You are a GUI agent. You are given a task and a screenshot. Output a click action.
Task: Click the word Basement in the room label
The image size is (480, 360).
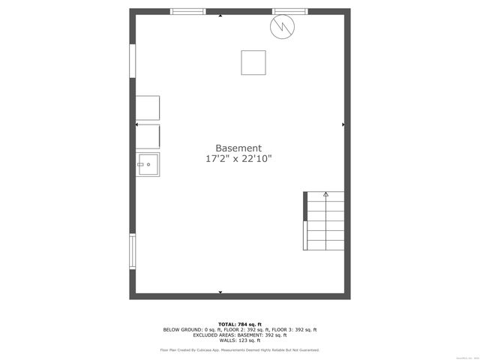[x=238, y=148]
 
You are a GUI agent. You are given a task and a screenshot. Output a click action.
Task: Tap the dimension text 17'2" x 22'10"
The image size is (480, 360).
[x=238, y=159]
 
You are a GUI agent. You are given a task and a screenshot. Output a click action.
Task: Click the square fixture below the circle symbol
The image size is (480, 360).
[x=253, y=62]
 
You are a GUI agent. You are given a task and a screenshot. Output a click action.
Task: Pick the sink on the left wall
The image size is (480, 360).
[x=148, y=163]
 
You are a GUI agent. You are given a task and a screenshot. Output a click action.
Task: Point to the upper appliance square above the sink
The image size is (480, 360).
[x=148, y=107]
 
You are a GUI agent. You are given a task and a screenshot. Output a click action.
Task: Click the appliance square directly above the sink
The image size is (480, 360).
[x=148, y=136]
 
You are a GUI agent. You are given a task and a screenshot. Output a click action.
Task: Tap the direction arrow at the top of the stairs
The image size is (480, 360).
[x=325, y=194]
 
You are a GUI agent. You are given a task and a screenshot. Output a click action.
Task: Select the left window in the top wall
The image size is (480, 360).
[x=187, y=12]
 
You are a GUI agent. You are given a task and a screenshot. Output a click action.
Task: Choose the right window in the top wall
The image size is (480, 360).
[x=289, y=12]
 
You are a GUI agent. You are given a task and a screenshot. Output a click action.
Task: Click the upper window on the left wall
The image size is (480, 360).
[x=133, y=61]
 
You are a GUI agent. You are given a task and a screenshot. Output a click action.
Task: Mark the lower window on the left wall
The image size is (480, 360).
[x=133, y=251]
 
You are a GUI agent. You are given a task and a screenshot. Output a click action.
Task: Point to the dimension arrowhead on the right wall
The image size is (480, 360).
[x=343, y=124]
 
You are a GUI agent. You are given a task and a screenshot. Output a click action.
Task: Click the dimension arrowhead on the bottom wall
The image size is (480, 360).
[x=220, y=292]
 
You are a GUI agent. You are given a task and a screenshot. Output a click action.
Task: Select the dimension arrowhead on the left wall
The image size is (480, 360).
[x=136, y=124]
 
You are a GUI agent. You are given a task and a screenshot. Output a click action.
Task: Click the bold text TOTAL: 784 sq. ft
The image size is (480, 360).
[x=239, y=323]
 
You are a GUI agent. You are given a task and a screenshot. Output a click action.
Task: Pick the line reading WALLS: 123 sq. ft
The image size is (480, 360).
[x=239, y=340]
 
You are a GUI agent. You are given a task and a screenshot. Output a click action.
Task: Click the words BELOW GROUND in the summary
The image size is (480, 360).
[x=183, y=329]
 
